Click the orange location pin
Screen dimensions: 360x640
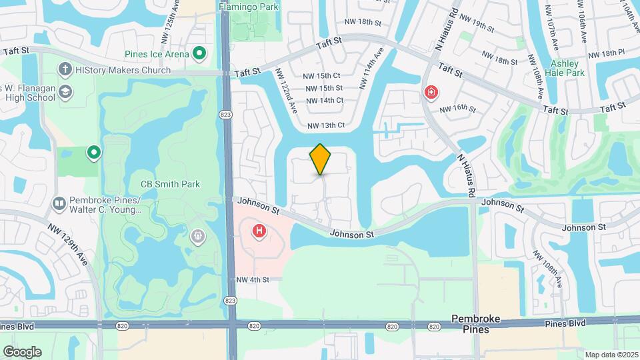pos(321,159)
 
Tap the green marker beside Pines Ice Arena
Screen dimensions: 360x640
pos(199,53)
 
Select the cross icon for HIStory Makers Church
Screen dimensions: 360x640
pos(65,69)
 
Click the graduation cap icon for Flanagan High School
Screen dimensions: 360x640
pos(65,92)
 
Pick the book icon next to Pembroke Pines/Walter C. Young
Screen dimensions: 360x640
pos(59,202)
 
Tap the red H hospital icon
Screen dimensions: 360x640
pos(258,232)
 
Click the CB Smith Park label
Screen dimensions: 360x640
pos(170,184)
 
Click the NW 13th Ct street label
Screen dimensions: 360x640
pos(326,125)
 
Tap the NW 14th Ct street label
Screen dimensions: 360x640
pos(325,101)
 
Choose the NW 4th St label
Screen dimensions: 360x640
pos(252,280)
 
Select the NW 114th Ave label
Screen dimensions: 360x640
pos(371,69)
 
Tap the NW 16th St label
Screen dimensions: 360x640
pos(460,107)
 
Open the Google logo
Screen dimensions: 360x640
pos(22,351)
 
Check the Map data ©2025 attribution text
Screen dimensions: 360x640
pos(611,355)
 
